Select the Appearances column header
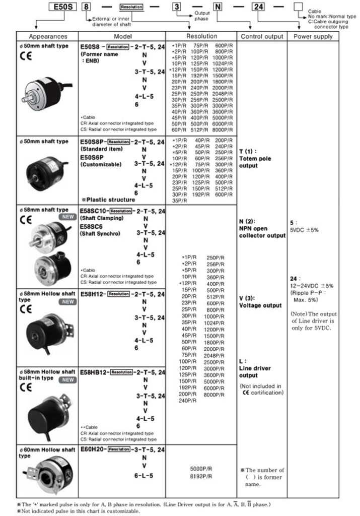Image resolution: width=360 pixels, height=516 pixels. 48,37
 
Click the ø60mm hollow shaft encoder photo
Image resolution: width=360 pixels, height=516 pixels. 46,478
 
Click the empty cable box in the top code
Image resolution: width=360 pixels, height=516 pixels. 298,8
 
